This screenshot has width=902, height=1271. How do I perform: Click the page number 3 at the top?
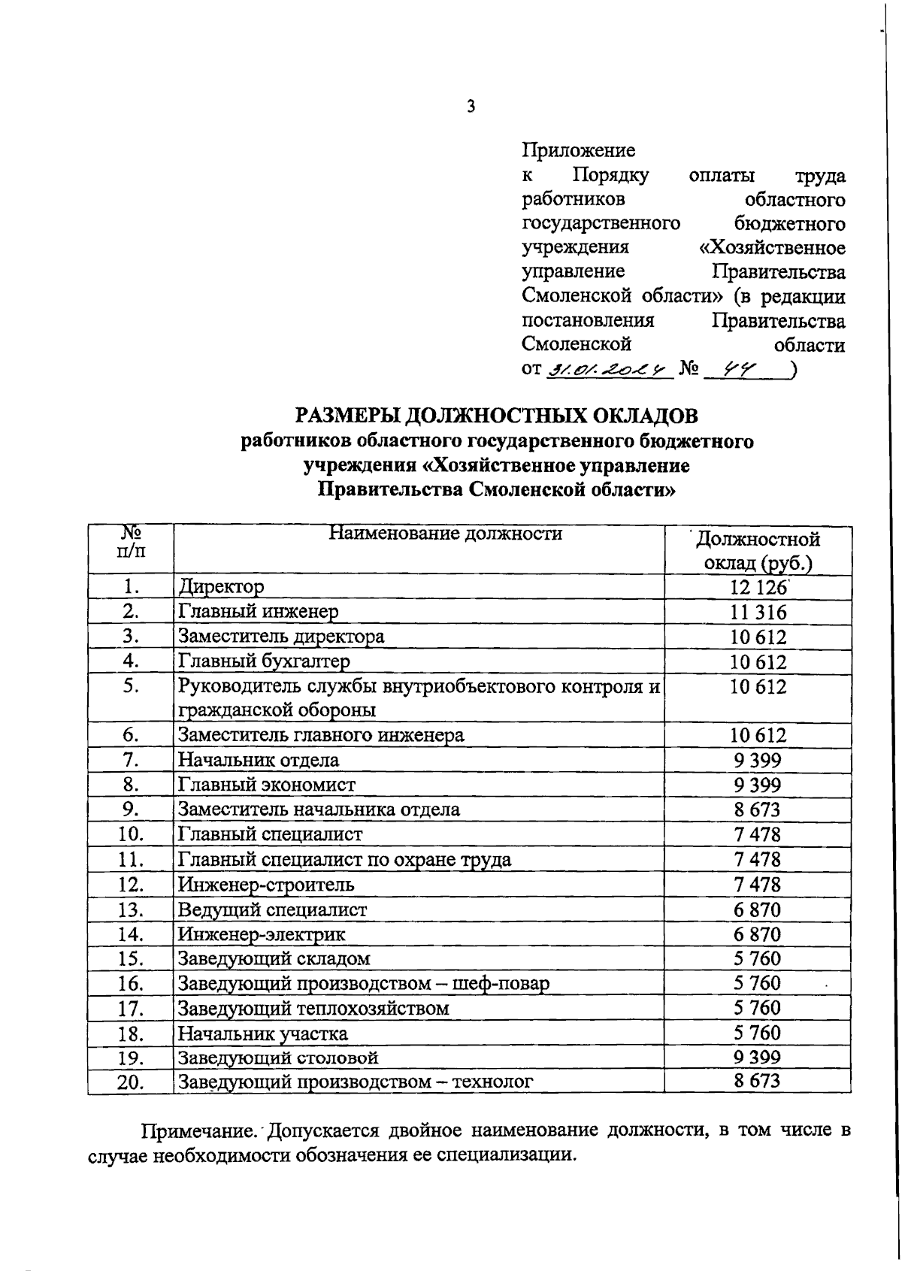pos(471,107)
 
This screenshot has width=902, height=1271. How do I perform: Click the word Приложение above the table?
pos(578,151)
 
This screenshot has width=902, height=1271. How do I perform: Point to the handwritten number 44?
pos(737,369)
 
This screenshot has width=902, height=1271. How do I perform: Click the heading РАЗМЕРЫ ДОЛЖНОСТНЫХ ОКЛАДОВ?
pos(496,416)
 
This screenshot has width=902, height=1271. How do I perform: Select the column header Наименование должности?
pos(446,534)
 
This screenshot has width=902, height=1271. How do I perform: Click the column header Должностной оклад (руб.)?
pos(758,551)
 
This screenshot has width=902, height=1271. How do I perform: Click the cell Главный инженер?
pos(258,612)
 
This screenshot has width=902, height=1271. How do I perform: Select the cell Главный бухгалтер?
pos(264,661)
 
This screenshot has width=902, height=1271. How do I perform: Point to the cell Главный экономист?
pos(266,785)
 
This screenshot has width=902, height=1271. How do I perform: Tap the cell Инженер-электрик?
pos(262,934)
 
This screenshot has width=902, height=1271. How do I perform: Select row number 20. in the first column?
pos(131,1082)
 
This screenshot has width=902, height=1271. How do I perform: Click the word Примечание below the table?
pos(200,1130)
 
